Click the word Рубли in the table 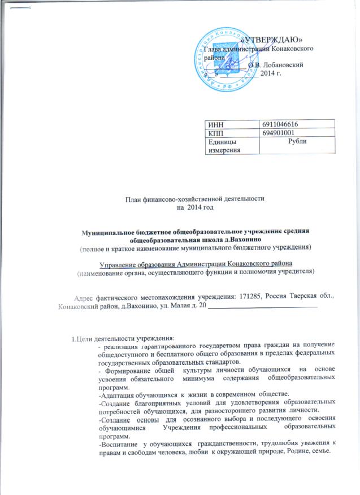point(297,141)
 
